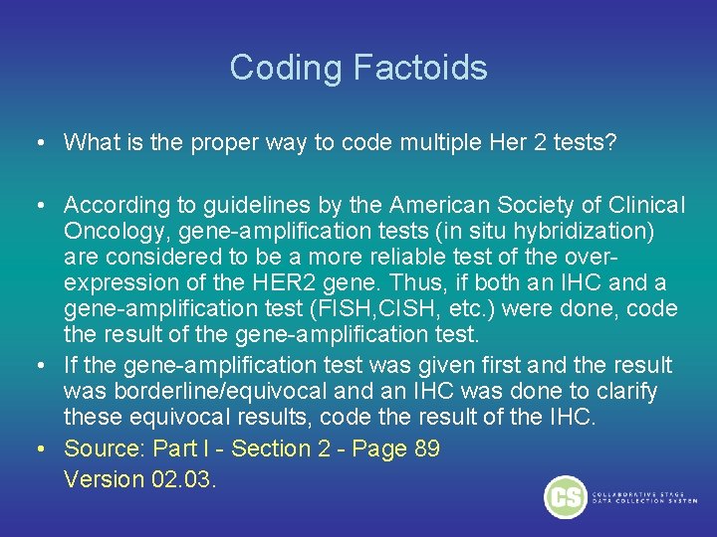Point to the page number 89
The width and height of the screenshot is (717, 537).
pyautogui.click(x=426, y=448)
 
